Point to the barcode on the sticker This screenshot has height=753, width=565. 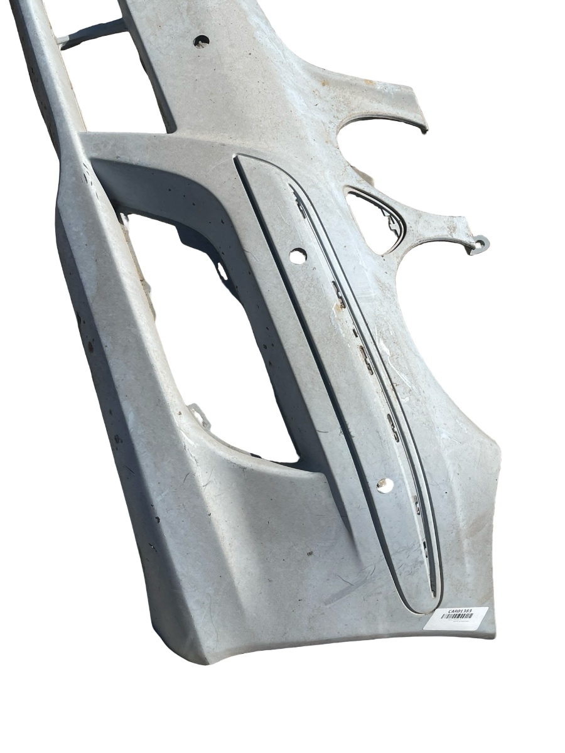click(456, 617)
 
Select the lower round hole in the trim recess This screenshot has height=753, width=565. click(385, 484)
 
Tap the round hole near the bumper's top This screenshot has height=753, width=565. click(202, 41)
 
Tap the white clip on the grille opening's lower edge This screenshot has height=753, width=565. click(199, 415)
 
